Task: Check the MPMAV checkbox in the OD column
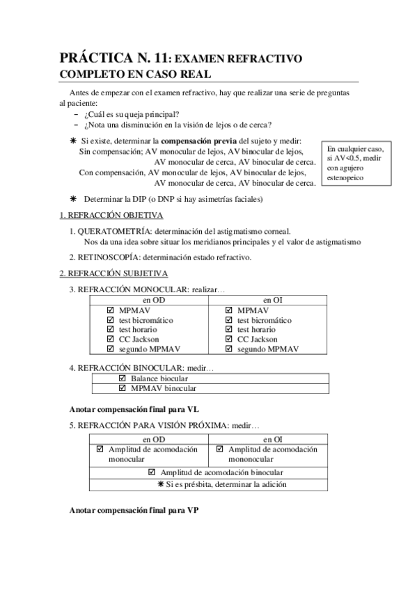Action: pyautogui.click(x=110, y=310)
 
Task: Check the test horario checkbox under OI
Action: pyautogui.click(x=229, y=330)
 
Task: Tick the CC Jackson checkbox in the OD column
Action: pyautogui.click(x=110, y=340)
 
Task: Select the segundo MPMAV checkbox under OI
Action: pyautogui.click(x=229, y=349)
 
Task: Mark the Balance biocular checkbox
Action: pyautogui.click(x=123, y=378)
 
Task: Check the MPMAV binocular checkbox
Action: pyautogui.click(x=123, y=388)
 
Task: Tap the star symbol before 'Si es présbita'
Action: pyautogui.click(x=161, y=484)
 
